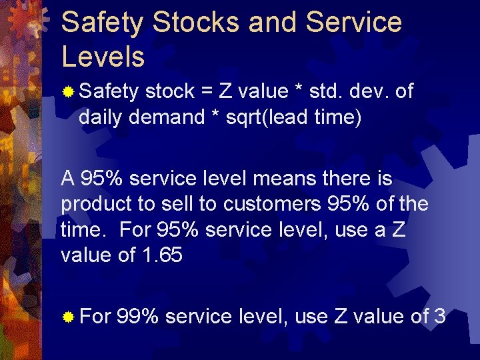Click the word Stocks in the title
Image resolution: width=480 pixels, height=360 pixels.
(195, 23)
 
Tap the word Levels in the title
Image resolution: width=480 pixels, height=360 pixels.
(103, 57)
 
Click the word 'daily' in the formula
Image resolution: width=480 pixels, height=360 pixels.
(103, 118)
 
